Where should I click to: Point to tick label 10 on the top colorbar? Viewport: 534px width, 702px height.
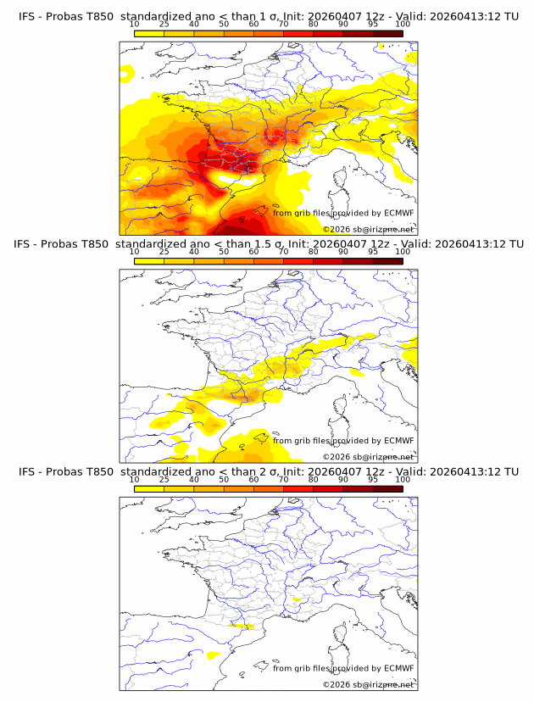(134, 25)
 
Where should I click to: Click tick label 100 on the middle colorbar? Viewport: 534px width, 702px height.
(403, 252)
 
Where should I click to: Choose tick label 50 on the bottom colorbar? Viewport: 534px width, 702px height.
(224, 479)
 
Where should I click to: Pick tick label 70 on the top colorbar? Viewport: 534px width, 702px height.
(283, 25)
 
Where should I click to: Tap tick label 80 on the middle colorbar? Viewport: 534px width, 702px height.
(314, 252)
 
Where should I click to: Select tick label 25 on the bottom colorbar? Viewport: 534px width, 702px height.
(164, 479)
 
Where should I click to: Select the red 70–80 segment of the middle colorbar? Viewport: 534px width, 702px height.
(298, 260)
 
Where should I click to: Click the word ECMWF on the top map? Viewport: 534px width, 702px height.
(398, 213)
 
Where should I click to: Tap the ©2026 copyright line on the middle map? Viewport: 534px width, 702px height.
(368, 457)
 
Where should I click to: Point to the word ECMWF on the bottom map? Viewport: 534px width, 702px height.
(398, 668)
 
